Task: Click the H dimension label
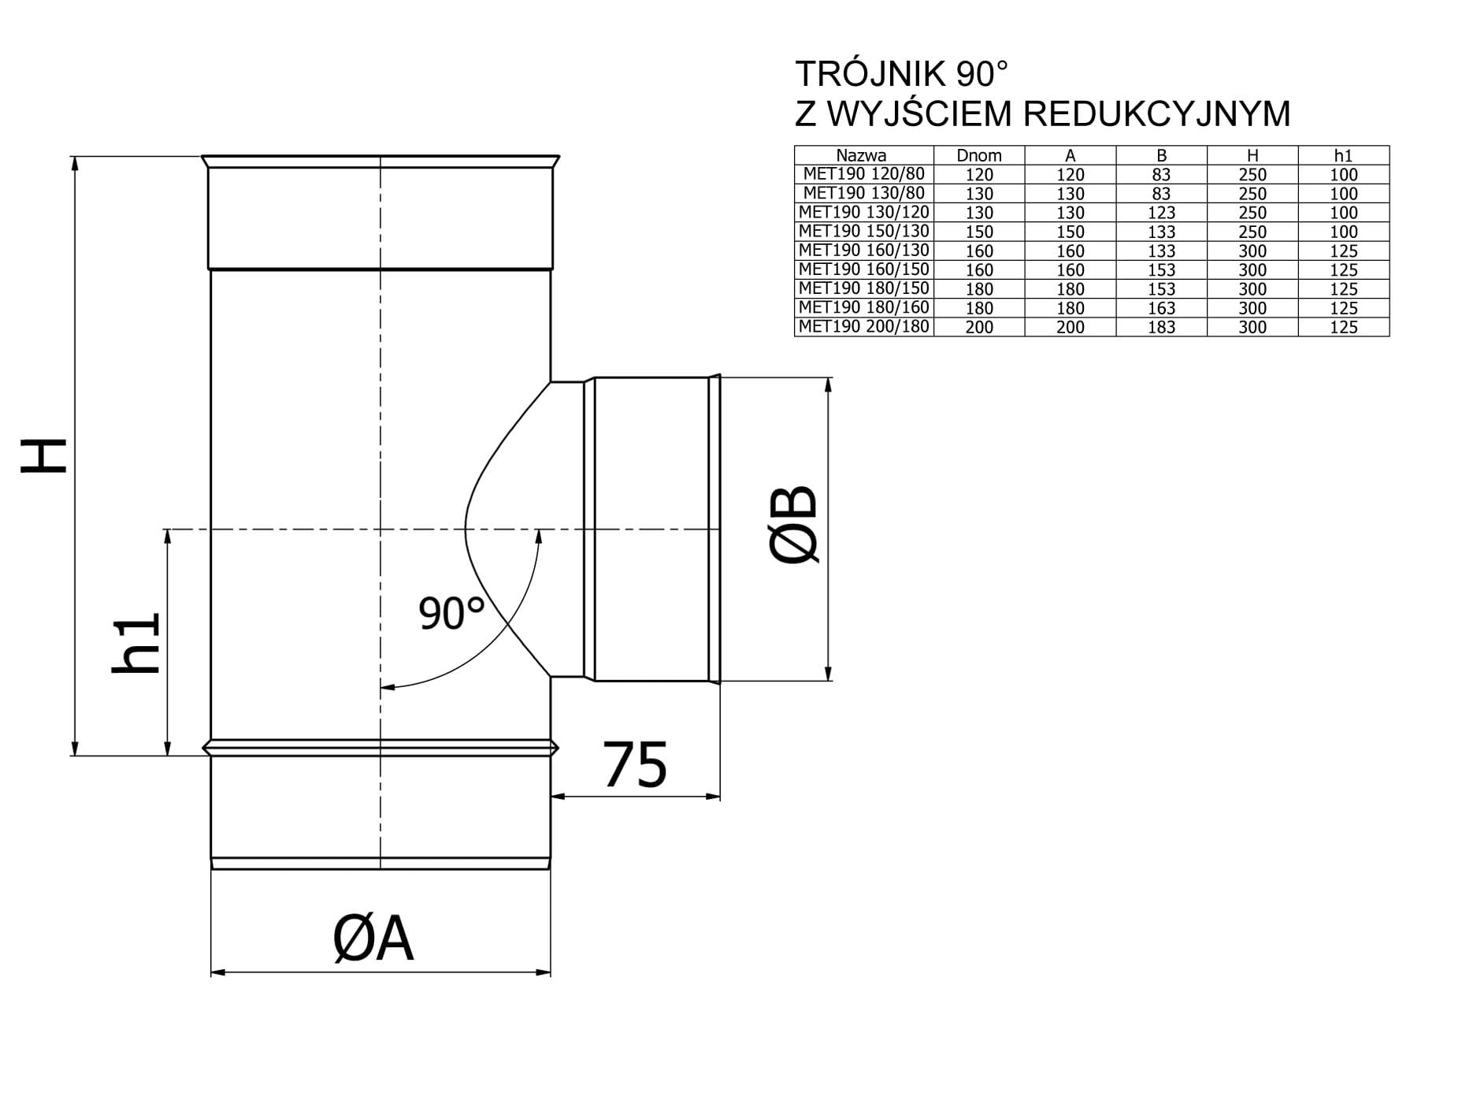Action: tap(44, 455)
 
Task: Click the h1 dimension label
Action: tap(136, 643)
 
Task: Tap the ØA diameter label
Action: tap(373, 939)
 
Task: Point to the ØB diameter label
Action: tap(795, 524)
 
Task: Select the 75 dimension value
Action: tap(635, 765)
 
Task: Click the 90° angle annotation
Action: tap(451, 614)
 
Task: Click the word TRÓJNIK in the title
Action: tap(870, 74)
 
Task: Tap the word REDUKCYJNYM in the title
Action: tap(1156, 113)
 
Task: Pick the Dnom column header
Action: tap(978, 155)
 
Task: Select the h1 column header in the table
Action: tap(1343, 155)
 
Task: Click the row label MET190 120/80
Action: tap(863, 174)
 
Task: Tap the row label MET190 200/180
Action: tap(863, 326)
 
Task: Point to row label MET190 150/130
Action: tap(863, 231)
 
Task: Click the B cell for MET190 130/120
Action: tap(1161, 213)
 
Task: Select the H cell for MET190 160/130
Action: tap(1252, 251)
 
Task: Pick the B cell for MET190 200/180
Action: tap(1161, 327)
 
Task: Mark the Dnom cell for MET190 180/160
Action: tap(979, 308)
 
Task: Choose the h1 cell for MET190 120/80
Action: tap(1343, 175)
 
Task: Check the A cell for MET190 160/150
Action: tap(1070, 270)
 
